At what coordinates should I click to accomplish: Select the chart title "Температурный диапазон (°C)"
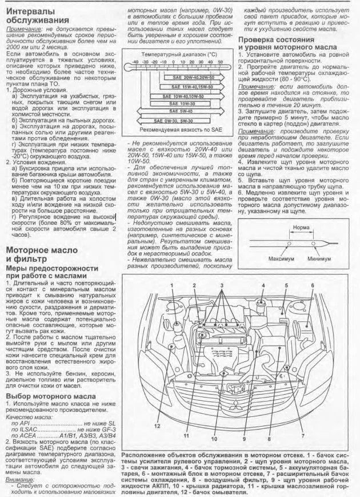tap(179, 53)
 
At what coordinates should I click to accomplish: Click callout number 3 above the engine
tap(222, 285)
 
